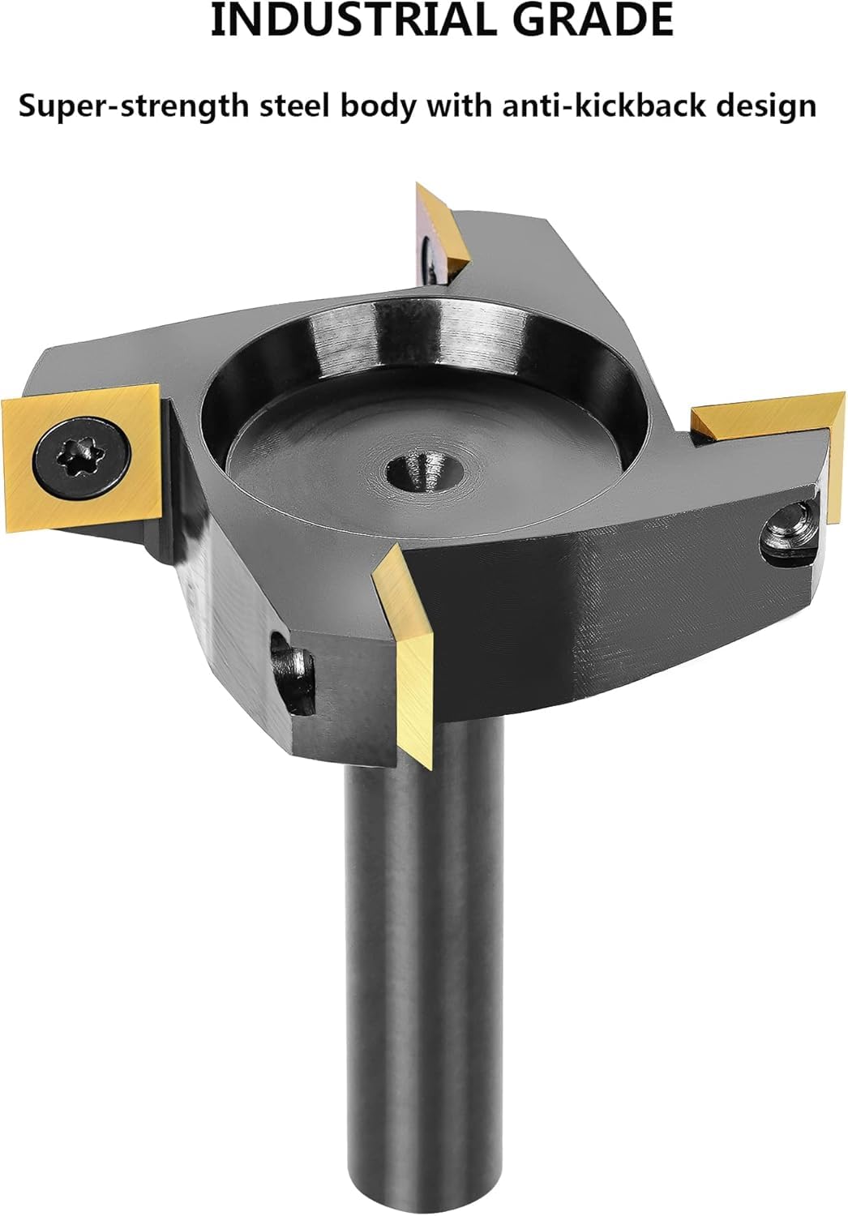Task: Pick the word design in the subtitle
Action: tap(767, 106)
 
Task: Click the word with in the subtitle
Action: tap(458, 105)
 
